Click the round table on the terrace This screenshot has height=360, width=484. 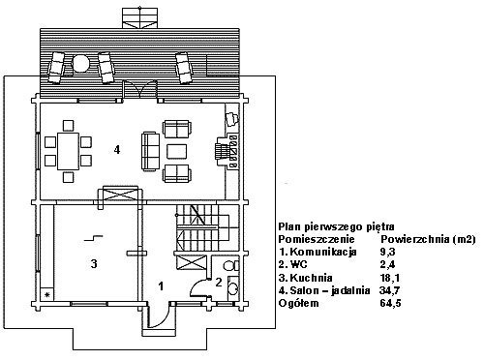pyautogui.click(x=79, y=64)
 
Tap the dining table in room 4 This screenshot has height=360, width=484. pyautogui.click(x=68, y=151)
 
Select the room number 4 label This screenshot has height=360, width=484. pyautogui.click(x=117, y=150)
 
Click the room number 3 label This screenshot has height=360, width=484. pyautogui.click(x=94, y=264)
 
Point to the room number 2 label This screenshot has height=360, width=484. pyautogui.click(x=219, y=283)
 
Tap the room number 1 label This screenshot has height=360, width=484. pyautogui.click(x=161, y=285)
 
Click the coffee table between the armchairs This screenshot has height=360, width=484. pyautogui.click(x=176, y=151)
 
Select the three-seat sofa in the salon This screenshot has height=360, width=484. pyautogui.click(x=150, y=151)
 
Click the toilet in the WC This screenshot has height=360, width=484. pyautogui.click(x=231, y=266)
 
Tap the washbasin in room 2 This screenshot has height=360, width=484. pyautogui.click(x=232, y=286)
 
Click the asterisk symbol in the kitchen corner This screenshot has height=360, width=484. pyautogui.click(x=47, y=294)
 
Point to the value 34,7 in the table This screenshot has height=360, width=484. pyautogui.click(x=390, y=290)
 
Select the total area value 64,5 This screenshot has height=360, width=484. pyautogui.click(x=390, y=303)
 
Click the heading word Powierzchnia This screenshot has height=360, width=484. pyautogui.click(x=415, y=239)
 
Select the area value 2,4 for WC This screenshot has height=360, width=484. pyautogui.click(x=387, y=264)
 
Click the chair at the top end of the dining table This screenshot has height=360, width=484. pyautogui.click(x=68, y=125)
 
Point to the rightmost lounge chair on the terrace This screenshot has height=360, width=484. pyautogui.click(x=184, y=67)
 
